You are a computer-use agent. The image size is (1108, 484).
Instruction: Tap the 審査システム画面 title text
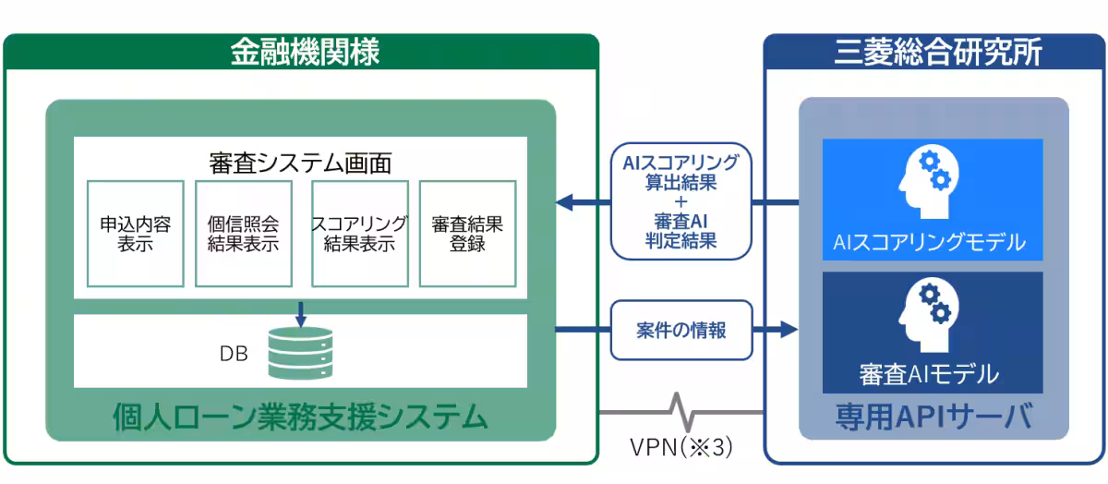coord(300,163)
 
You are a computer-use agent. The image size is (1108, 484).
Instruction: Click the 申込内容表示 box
coord(135,234)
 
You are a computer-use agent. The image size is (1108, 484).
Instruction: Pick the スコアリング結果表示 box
coord(359,234)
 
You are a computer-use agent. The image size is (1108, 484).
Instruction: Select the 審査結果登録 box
coord(466,234)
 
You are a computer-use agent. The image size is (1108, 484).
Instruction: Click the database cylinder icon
coord(300,352)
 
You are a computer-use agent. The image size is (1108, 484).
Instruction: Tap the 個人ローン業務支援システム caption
coord(300,417)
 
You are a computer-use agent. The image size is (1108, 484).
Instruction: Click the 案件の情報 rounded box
coord(681,330)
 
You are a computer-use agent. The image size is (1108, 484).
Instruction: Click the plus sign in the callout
coord(681,202)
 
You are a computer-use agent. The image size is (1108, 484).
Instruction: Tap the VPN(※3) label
coord(681,448)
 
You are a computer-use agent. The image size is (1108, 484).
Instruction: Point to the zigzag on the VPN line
coord(681,408)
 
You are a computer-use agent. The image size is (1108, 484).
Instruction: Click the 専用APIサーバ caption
coord(932,417)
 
